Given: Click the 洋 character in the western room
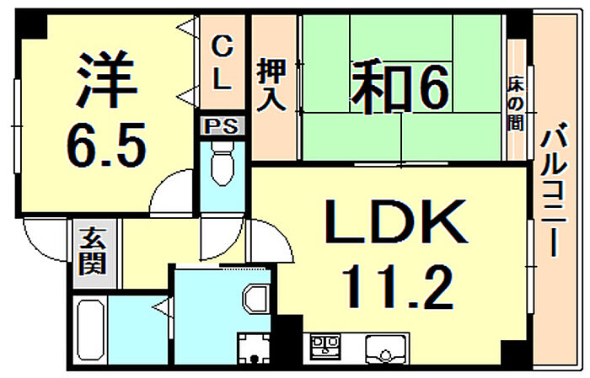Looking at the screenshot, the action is (107, 78).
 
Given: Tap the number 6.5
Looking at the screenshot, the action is (106, 146).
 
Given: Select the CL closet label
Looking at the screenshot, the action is (223, 62).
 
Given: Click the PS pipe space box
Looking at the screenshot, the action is (222, 126).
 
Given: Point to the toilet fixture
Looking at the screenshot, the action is (223, 163).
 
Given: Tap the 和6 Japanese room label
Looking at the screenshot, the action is (400, 88).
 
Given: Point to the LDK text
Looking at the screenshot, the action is (397, 222).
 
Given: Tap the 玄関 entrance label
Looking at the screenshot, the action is (92, 251).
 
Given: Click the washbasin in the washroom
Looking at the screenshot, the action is (256, 299).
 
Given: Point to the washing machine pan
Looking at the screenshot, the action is (254, 349).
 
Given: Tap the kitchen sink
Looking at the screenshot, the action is (386, 349).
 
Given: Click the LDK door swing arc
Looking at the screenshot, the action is (270, 241).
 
